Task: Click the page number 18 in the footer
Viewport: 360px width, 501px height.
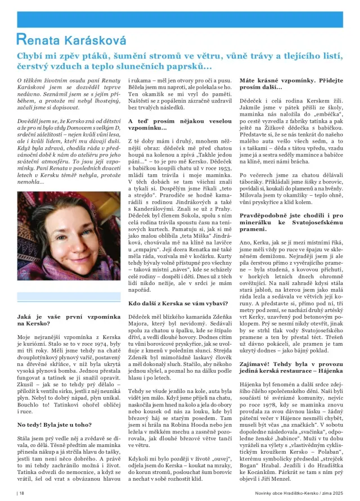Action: [x=22, y=493]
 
